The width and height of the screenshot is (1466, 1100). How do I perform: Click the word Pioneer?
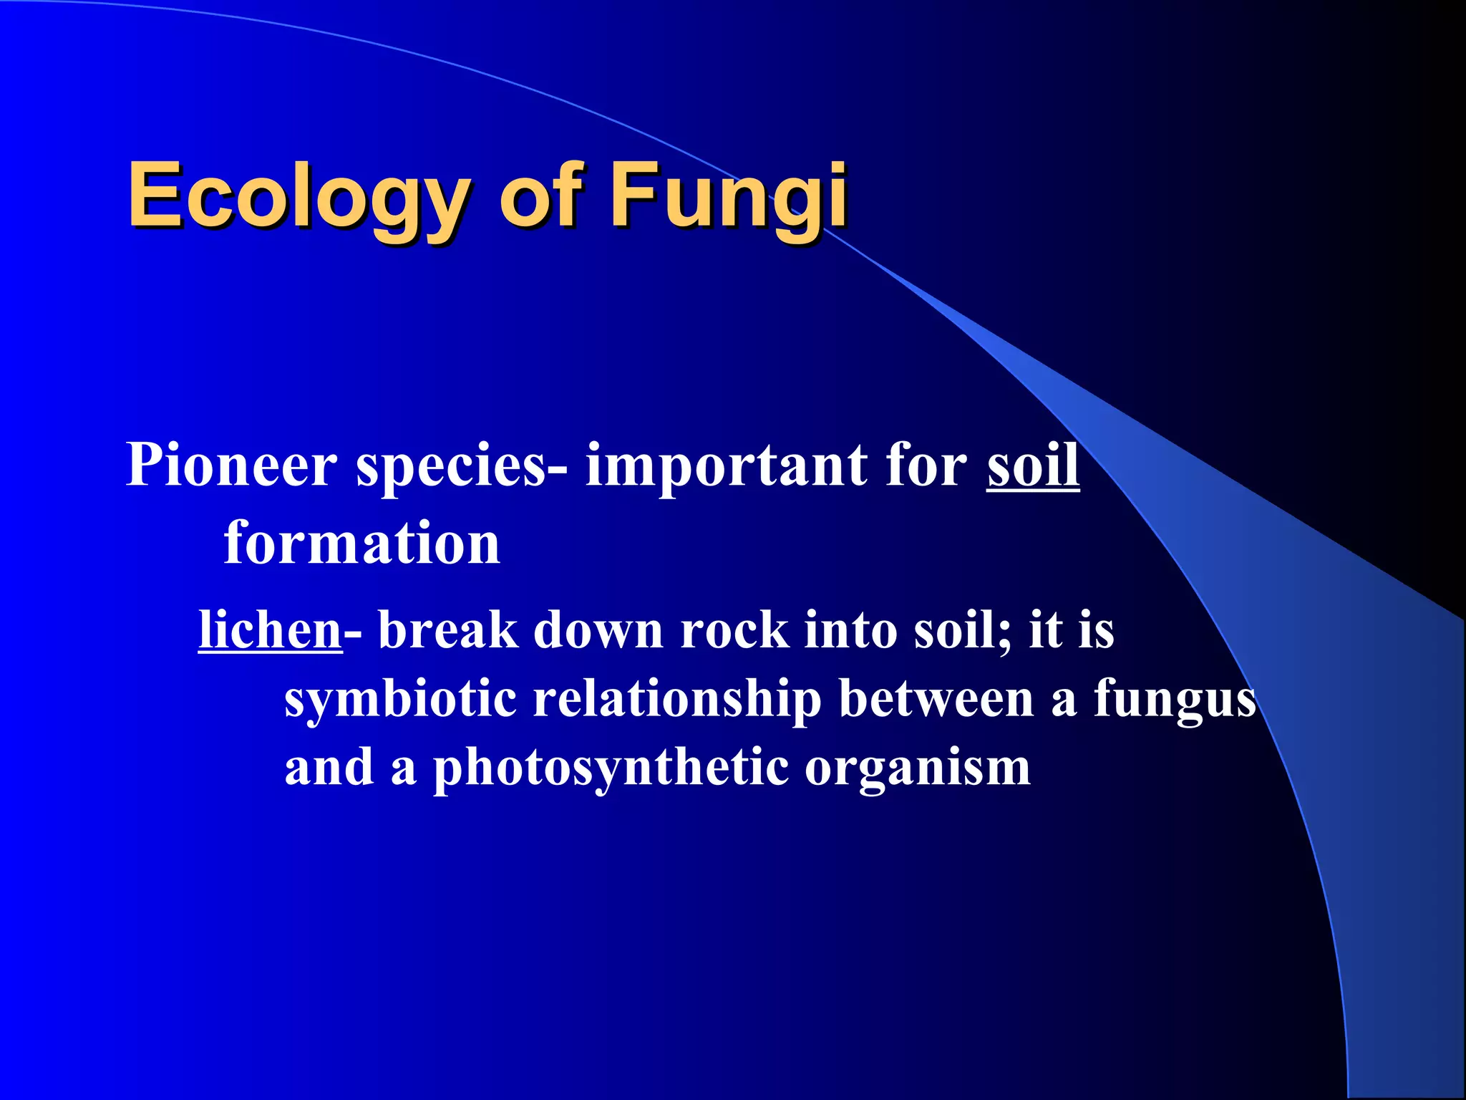click(x=231, y=465)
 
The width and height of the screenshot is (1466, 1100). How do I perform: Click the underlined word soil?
click(x=1033, y=465)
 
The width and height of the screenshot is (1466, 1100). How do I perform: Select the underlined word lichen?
click(x=270, y=630)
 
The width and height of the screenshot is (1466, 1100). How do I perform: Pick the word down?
click(x=598, y=630)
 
